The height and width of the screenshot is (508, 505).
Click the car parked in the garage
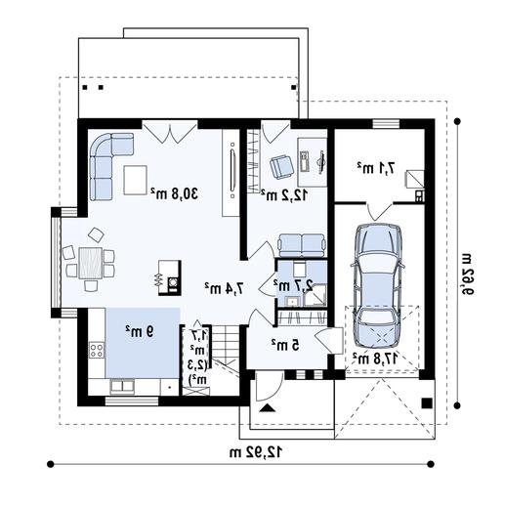click(x=378, y=285)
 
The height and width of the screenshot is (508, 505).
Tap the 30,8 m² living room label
click(x=175, y=193)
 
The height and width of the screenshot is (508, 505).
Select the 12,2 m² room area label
click(x=283, y=195)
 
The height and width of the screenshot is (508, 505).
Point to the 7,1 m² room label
click(x=376, y=168)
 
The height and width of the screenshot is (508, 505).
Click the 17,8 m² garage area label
click(x=375, y=359)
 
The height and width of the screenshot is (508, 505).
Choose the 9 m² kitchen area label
click(x=140, y=331)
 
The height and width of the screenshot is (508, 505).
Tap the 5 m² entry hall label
click(x=285, y=345)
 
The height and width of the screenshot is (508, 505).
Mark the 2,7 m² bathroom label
click(x=293, y=285)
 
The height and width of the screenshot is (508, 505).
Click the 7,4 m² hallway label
click(x=224, y=288)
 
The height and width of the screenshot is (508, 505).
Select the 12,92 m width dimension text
click(x=256, y=452)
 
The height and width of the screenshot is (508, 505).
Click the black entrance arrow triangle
click(x=268, y=408)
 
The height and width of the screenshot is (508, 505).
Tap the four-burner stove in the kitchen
click(x=97, y=350)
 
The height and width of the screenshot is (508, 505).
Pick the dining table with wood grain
click(x=91, y=263)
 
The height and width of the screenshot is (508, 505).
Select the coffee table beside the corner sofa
click(x=135, y=180)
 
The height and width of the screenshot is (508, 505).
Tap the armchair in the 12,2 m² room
click(x=281, y=167)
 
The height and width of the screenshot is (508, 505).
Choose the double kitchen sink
click(x=122, y=386)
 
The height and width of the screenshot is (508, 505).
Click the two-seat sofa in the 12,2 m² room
click(x=302, y=245)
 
